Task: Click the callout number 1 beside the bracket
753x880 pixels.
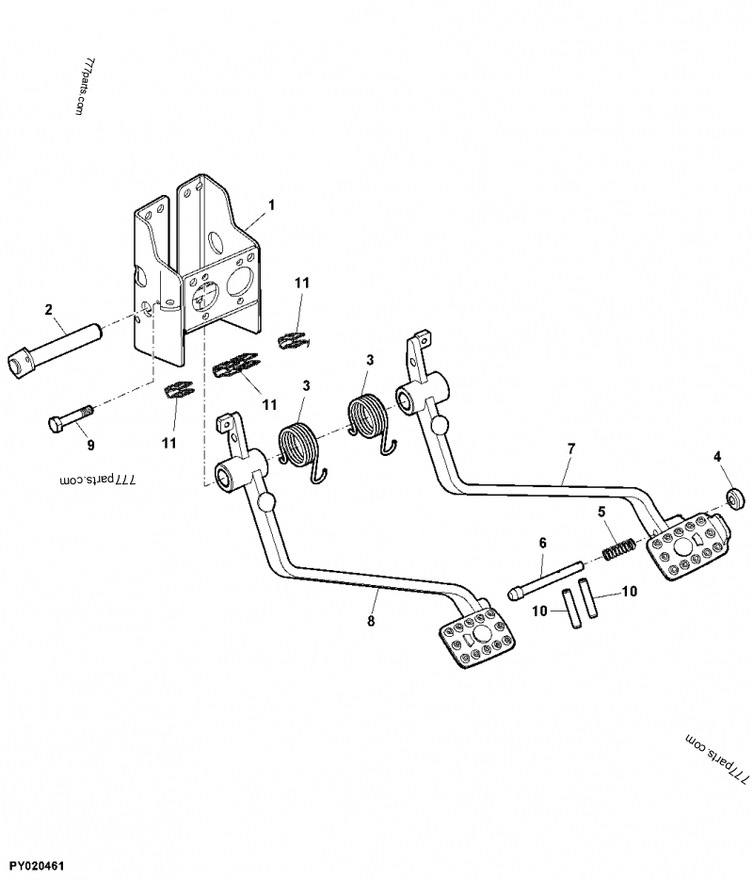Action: pos(271,204)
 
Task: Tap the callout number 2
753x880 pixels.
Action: pos(48,308)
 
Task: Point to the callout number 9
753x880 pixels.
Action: pos(90,444)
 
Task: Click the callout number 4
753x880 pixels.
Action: pos(717,457)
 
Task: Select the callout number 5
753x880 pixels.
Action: pos(601,513)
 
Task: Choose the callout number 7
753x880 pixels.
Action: pos(571,449)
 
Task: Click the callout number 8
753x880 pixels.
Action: pos(371,621)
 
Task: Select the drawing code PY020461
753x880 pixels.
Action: pos(40,864)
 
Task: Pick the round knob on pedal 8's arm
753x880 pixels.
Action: pos(267,502)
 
